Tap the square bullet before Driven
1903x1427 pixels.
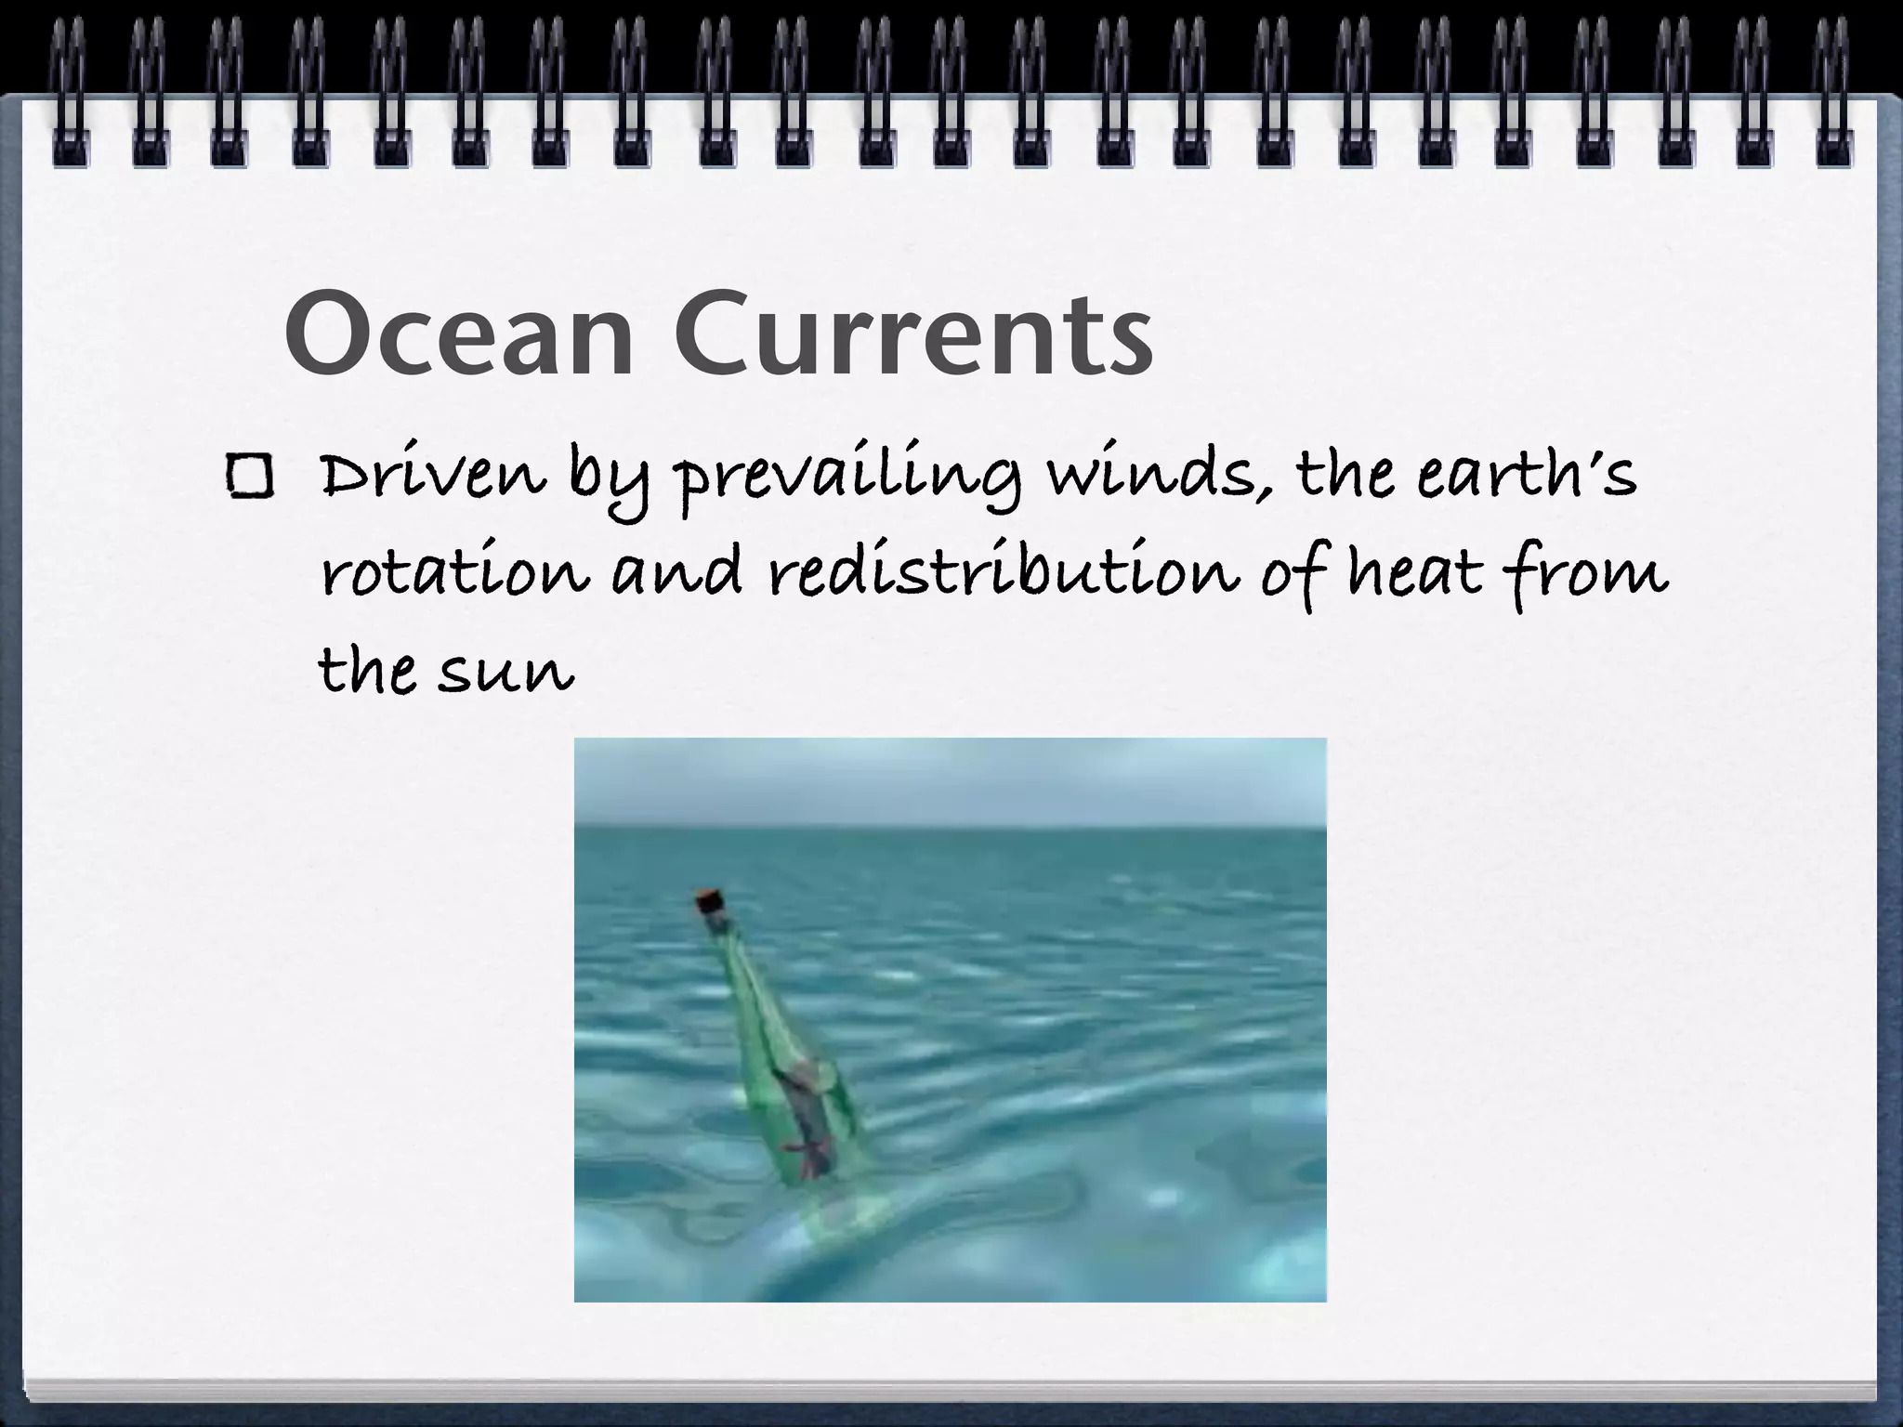[x=248, y=478]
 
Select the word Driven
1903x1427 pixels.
[x=432, y=476]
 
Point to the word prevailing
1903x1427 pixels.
[x=846, y=479]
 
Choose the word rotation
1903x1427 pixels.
[x=455, y=572]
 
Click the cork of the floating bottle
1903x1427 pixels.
[x=710, y=901]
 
